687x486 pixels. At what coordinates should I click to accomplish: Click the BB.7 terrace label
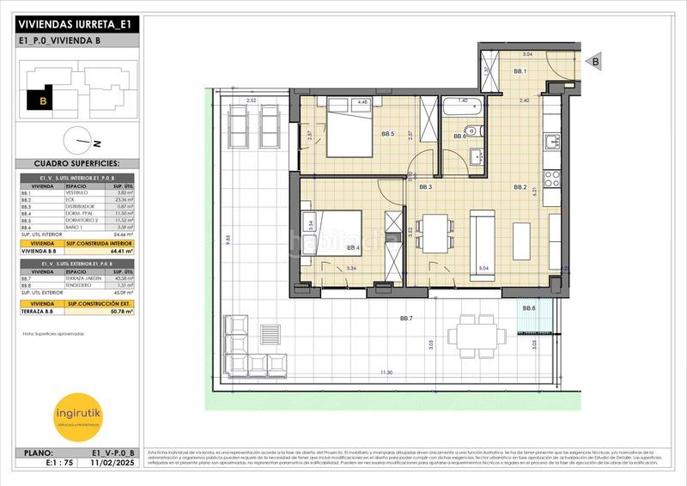(x=407, y=319)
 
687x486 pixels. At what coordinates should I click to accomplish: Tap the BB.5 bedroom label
(x=387, y=134)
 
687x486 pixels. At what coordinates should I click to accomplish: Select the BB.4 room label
(x=353, y=248)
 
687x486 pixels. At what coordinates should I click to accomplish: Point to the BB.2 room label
(x=520, y=187)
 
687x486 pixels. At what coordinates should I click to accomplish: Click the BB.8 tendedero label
(x=528, y=308)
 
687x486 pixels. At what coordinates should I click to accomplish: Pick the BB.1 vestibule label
(x=520, y=71)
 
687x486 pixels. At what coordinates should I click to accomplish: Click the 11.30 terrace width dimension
(x=387, y=373)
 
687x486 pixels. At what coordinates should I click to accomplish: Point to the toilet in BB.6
(x=481, y=131)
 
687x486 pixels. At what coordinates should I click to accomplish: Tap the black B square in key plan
(x=39, y=100)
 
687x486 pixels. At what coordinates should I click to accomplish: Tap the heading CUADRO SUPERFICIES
(x=76, y=162)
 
